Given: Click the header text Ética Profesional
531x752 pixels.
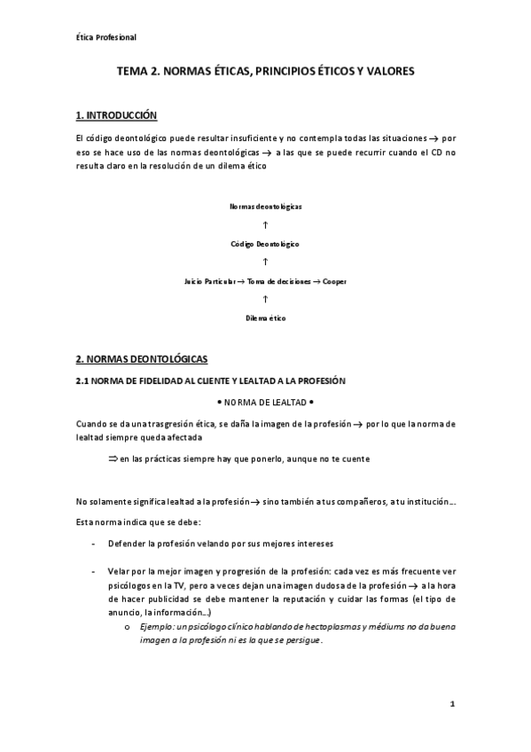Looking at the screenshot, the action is (105, 36).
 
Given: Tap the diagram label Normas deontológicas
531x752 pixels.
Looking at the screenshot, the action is (266, 206).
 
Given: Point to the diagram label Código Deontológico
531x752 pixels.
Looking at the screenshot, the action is (266, 243).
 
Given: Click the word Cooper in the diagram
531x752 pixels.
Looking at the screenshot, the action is (334, 280).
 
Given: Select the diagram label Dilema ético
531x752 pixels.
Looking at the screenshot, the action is (266, 317).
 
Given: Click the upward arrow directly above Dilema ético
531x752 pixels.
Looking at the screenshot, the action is (266, 299).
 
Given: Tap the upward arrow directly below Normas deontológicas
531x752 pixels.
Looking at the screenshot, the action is (266, 224).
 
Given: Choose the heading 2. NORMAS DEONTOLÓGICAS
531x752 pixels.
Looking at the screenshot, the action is (141, 359).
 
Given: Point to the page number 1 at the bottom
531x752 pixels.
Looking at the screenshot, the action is (451, 705).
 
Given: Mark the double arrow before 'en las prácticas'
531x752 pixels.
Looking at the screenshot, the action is (113, 458).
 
